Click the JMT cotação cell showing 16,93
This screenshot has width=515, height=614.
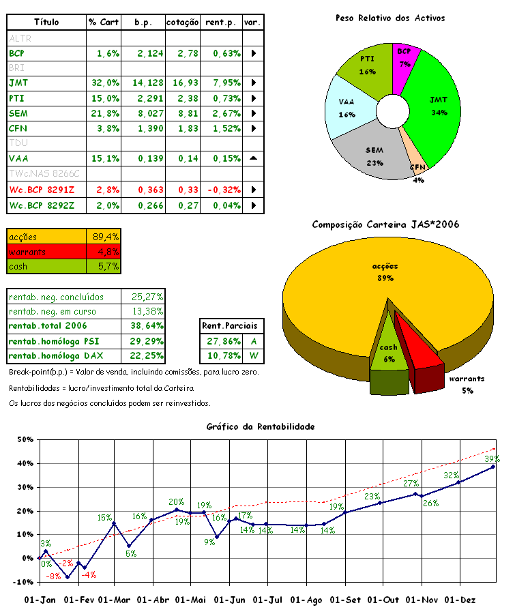pos(181,83)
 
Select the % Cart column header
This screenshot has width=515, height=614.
pos(104,23)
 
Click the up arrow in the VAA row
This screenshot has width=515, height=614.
pos(253,158)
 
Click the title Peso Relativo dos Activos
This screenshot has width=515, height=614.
pos(389,18)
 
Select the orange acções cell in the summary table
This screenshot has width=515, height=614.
pos(46,237)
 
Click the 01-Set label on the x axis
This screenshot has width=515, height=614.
pos(345,600)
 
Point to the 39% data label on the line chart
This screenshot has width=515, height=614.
pos(492,459)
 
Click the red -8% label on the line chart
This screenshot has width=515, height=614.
pos(53,576)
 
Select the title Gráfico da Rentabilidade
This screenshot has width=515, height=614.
pos(261,426)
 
